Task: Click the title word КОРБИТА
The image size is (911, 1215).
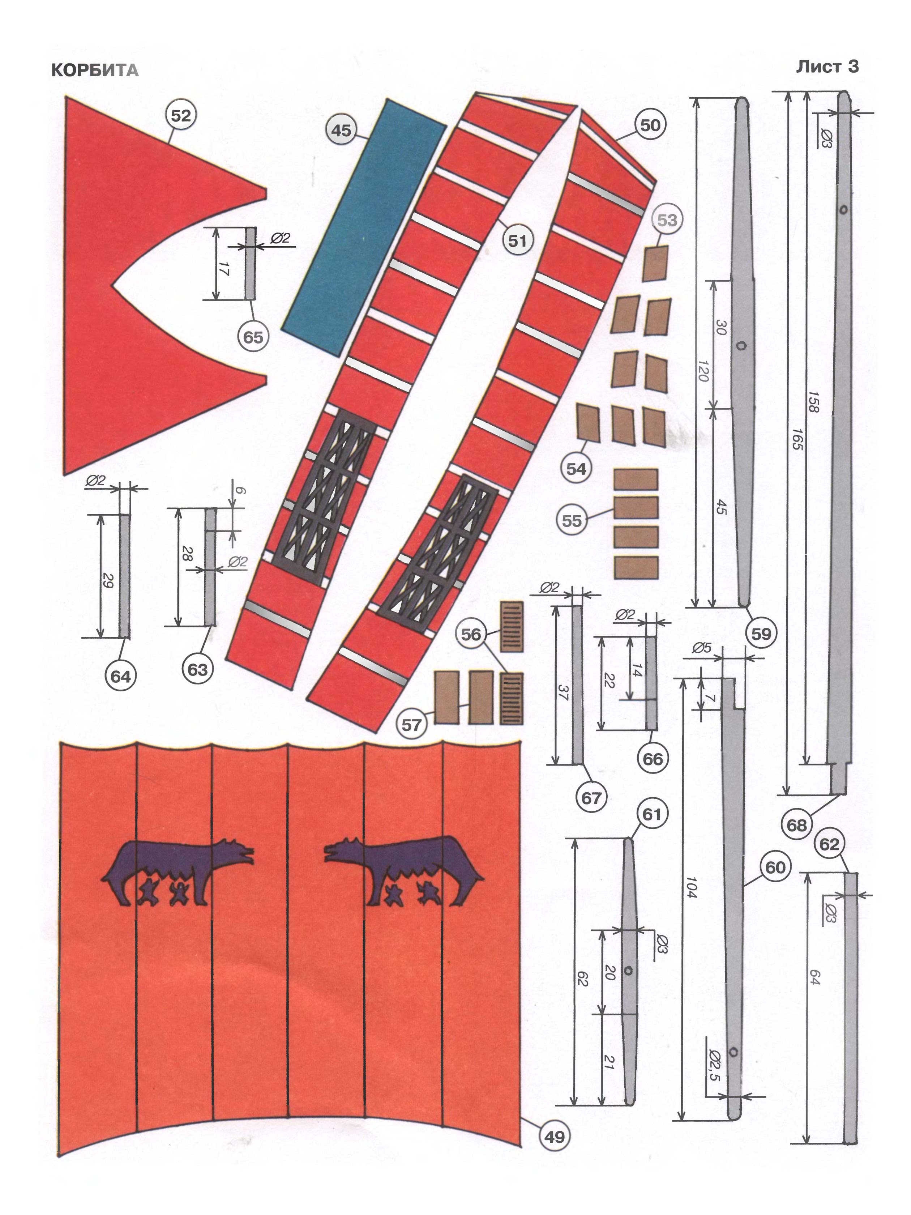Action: coord(94,70)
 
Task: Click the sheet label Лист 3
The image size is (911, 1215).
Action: coord(827,67)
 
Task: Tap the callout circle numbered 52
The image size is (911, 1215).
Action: coord(181,116)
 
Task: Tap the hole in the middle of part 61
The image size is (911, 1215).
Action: coord(628,971)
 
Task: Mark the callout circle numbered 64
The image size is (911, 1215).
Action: coord(120,676)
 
